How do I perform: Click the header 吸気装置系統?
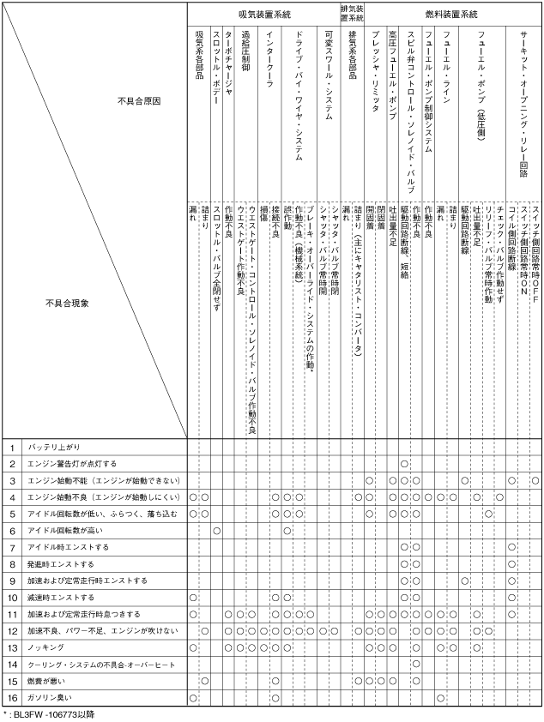pyautogui.click(x=263, y=15)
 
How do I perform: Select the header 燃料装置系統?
pyautogui.click(x=451, y=15)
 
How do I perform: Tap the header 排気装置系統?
pyautogui.click(x=352, y=15)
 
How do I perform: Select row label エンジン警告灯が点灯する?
pyautogui.click(x=72, y=464)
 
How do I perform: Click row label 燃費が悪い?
pyautogui.click(x=46, y=682)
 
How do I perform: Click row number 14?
pyautogui.click(x=13, y=664)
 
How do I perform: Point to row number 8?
pyautogui.click(x=13, y=564)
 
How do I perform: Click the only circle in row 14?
pyautogui.click(x=415, y=664)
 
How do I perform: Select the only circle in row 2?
pyautogui.click(x=403, y=464)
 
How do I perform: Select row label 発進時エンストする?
pyautogui.click(x=63, y=564)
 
